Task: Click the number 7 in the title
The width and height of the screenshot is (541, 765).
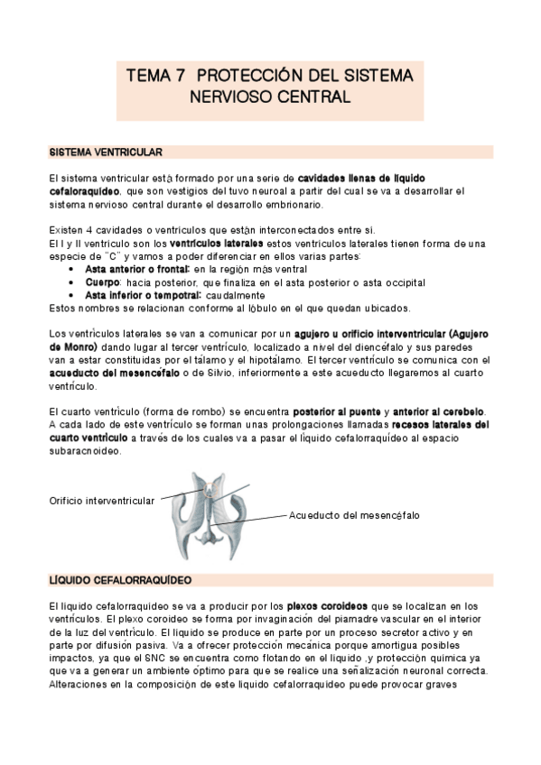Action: coord(181,77)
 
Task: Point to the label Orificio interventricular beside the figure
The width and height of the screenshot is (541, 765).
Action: coord(101,500)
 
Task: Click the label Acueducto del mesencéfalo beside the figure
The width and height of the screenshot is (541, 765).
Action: coord(354,515)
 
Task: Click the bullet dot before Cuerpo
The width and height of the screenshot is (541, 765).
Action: coord(72,282)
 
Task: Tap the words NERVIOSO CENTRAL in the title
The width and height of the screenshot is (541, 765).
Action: coord(269,95)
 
